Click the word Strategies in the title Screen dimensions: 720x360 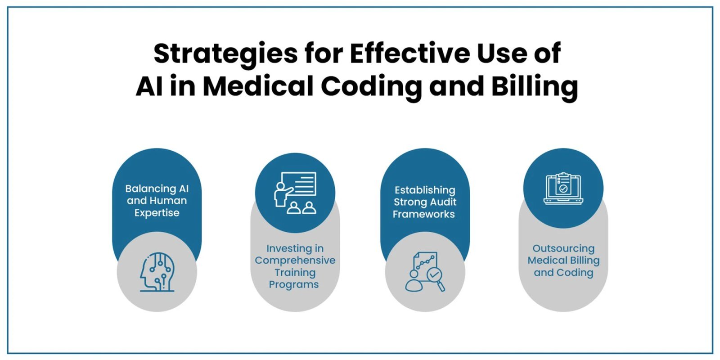[226, 54]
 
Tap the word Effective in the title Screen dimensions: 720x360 [410, 53]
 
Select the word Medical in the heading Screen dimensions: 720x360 [258, 86]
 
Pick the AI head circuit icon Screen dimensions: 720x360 [157, 272]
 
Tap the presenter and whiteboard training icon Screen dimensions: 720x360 [295, 193]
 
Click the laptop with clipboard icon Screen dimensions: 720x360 [563, 189]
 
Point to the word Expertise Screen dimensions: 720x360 [157, 213]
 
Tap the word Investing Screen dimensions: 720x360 [295, 248]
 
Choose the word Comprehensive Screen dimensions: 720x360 [295, 260]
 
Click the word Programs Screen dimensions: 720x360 [294, 284]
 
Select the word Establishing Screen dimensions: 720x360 [425, 190]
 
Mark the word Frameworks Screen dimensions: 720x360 [423, 214]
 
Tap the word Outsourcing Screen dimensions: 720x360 [563, 248]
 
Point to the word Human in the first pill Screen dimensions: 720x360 [170, 201]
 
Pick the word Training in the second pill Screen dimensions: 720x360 [295, 273]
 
